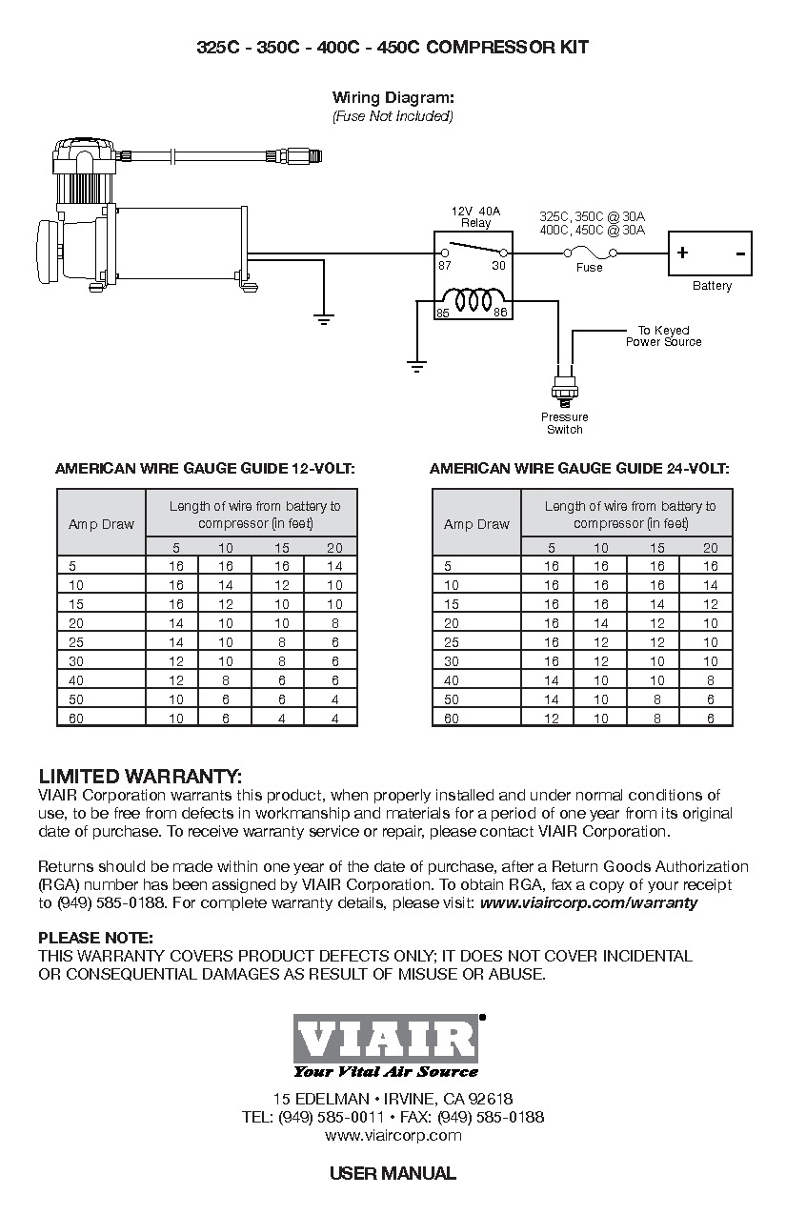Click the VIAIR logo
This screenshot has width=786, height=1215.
point(386,1039)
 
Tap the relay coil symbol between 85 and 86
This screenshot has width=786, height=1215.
point(473,301)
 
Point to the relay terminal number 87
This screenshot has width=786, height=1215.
point(445,266)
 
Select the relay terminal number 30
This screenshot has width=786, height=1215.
point(498,266)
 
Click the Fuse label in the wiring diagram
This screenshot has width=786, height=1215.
point(590,268)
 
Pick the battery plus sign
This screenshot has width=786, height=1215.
point(682,253)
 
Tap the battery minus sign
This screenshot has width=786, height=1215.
point(739,253)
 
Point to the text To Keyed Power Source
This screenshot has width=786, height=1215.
point(663,335)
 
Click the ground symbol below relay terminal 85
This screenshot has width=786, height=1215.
point(416,363)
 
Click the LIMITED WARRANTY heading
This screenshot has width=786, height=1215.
point(140,776)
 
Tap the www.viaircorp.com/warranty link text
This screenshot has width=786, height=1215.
point(589,902)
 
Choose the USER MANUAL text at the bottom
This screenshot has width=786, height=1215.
point(393,1173)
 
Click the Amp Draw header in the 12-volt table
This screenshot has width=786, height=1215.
point(101,524)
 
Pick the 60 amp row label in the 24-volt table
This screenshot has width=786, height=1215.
point(452,719)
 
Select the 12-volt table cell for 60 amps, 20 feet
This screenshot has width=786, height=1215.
point(334,719)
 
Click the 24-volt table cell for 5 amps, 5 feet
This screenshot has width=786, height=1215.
point(551,566)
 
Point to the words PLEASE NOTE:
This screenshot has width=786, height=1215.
point(95,938)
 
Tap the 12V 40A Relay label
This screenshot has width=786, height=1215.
point(475,217)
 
